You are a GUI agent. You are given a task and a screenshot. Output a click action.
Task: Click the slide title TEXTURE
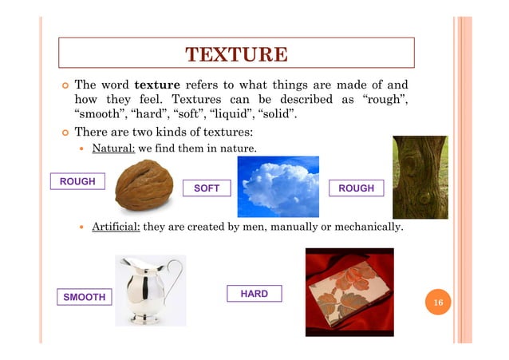pos(235,54)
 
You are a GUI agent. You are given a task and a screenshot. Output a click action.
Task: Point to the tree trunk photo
pos(420,176)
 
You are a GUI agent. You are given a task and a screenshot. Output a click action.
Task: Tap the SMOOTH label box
pos(85,297)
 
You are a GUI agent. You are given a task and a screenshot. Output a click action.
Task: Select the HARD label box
pos(254,294)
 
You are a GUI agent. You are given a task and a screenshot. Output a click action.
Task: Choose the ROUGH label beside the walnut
pos(78,181)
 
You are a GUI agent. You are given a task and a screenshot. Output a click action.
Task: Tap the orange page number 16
pos(438,303)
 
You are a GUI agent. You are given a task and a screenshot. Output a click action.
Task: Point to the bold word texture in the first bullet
pos(156,85)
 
